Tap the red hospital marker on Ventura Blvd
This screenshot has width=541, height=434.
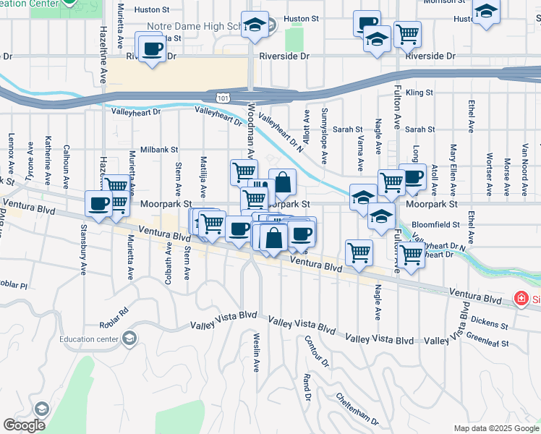(x=519, y=298)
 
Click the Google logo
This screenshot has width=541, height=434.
(x=25, y=425)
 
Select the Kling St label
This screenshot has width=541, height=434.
(x=419, y=93)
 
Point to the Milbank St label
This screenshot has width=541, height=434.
(x=159, y=149)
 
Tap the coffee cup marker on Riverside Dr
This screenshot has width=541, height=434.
(x=151, y=48)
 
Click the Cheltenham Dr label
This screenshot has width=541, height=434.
(x=357, y=409)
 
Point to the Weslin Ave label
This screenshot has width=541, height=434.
(x=256, y=352)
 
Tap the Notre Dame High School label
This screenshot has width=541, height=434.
(x=192, y=26)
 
